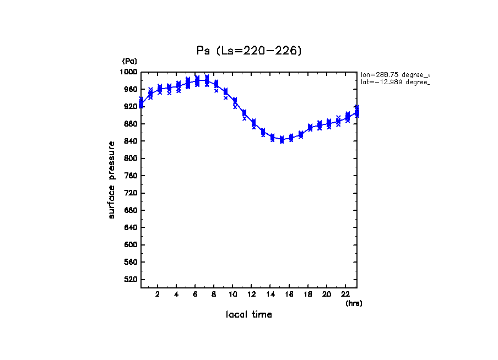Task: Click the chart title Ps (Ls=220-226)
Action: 249,51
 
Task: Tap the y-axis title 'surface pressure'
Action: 112,179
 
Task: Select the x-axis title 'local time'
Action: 249,314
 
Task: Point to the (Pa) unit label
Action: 129,61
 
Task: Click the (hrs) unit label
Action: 354,303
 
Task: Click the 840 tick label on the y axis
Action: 131,141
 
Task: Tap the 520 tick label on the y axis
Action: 131,279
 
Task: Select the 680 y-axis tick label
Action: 131,210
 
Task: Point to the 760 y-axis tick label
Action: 131,176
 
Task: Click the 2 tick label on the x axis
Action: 158,294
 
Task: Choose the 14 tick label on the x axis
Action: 270,294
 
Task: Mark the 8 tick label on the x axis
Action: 214,294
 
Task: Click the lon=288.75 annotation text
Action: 394,74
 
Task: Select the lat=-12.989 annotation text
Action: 394,81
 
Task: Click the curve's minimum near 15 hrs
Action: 282,140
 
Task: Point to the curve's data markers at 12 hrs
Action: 253,123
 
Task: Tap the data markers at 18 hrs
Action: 310,127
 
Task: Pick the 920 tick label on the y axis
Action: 131,106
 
